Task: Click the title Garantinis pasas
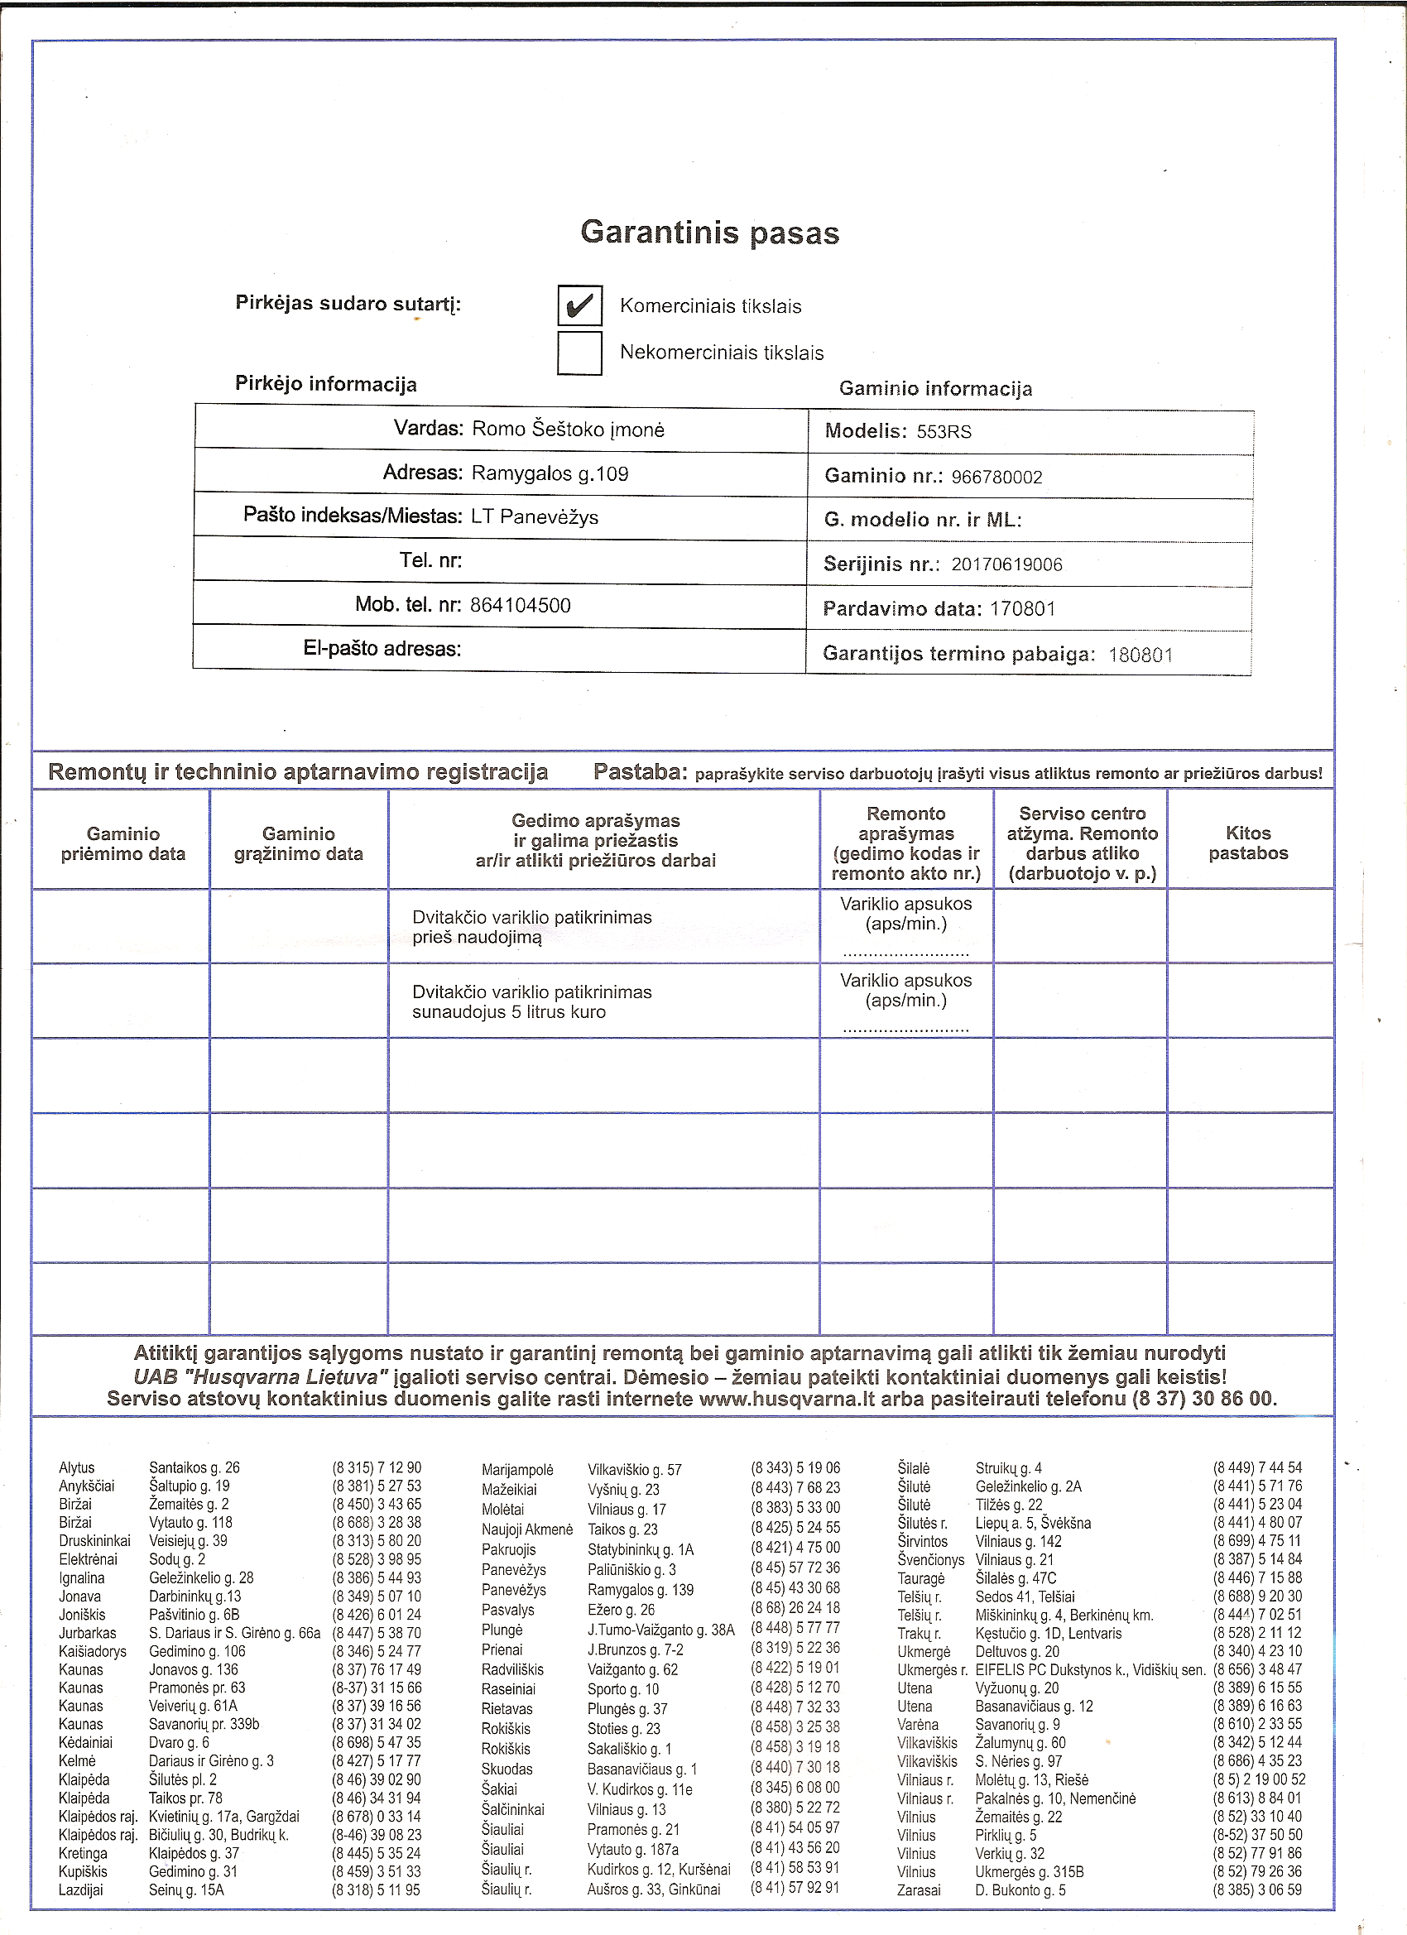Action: click(x=709, y=233)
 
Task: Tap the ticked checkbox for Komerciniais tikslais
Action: click(x=579, y=305)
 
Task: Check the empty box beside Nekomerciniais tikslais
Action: click(x=579, y=353)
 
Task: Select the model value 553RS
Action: click(x=944, y=432)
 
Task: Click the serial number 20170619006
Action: click(x=1006, y=564)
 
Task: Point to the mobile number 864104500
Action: click(x=520, y=606)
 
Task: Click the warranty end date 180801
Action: click(x=1140, y=655)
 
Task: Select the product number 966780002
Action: click(x=996, y=477)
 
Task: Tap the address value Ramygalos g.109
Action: click(x=550, y=473)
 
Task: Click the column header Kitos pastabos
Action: click(x=1247, y=843)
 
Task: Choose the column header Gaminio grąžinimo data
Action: click(x=298, y=844)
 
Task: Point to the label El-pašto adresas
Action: click(x=382, y=648)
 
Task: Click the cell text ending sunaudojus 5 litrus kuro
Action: click(x=508, y=1013)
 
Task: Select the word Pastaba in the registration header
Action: click(x=640, y=772)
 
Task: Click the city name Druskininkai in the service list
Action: click(x=94, y=1541)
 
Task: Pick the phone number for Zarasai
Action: click(x=1257, y=1889)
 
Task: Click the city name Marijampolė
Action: click(x=517, y=1470)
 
